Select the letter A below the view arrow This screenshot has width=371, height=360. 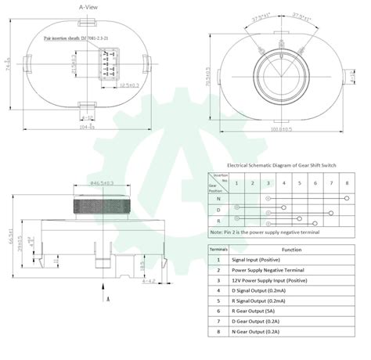coord(107,299)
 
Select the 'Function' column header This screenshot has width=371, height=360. coord(291,249)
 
